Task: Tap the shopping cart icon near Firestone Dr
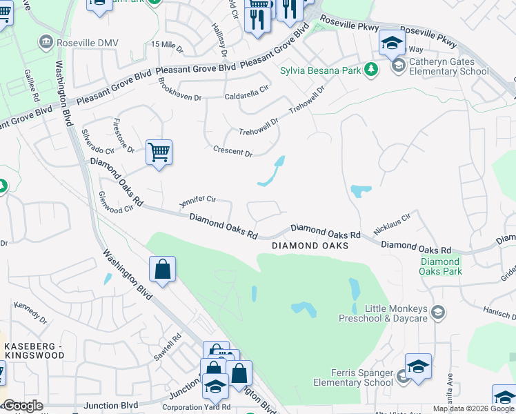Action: (x=159, y=152)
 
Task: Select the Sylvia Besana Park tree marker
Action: (x=371, y=69)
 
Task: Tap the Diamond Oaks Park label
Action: (x=440, y=266)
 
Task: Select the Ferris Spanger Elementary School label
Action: (x=353, y=378)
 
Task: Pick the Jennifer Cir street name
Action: (x=197, y=201)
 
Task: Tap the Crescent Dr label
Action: (x=233, y=151)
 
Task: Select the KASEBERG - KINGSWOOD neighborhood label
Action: (x=34, y=350)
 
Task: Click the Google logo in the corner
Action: (x=22, y=406)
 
